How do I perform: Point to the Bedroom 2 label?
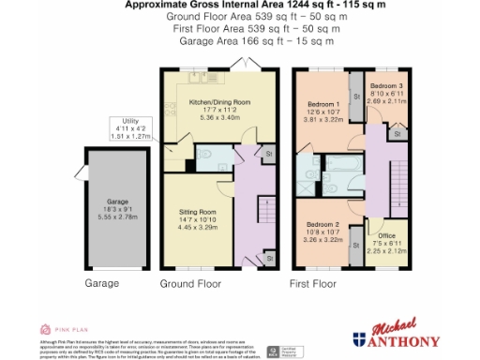[322, 225]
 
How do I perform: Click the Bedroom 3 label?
[385, 85]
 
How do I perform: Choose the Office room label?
[385, 224]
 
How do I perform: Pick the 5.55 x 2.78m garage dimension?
[117, 217]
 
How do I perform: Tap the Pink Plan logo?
[61, 329]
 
